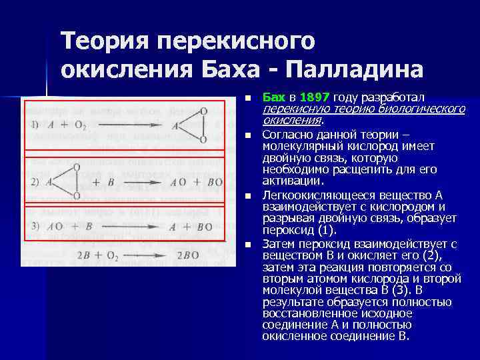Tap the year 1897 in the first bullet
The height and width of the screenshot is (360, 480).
315,97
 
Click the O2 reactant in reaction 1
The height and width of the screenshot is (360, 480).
79,125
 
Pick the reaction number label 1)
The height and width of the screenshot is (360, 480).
35,125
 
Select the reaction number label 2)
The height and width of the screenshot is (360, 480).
35,181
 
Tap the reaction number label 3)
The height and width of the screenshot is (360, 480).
35,227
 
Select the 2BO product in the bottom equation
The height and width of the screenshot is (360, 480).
188,255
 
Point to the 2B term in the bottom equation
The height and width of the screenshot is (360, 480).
84,255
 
